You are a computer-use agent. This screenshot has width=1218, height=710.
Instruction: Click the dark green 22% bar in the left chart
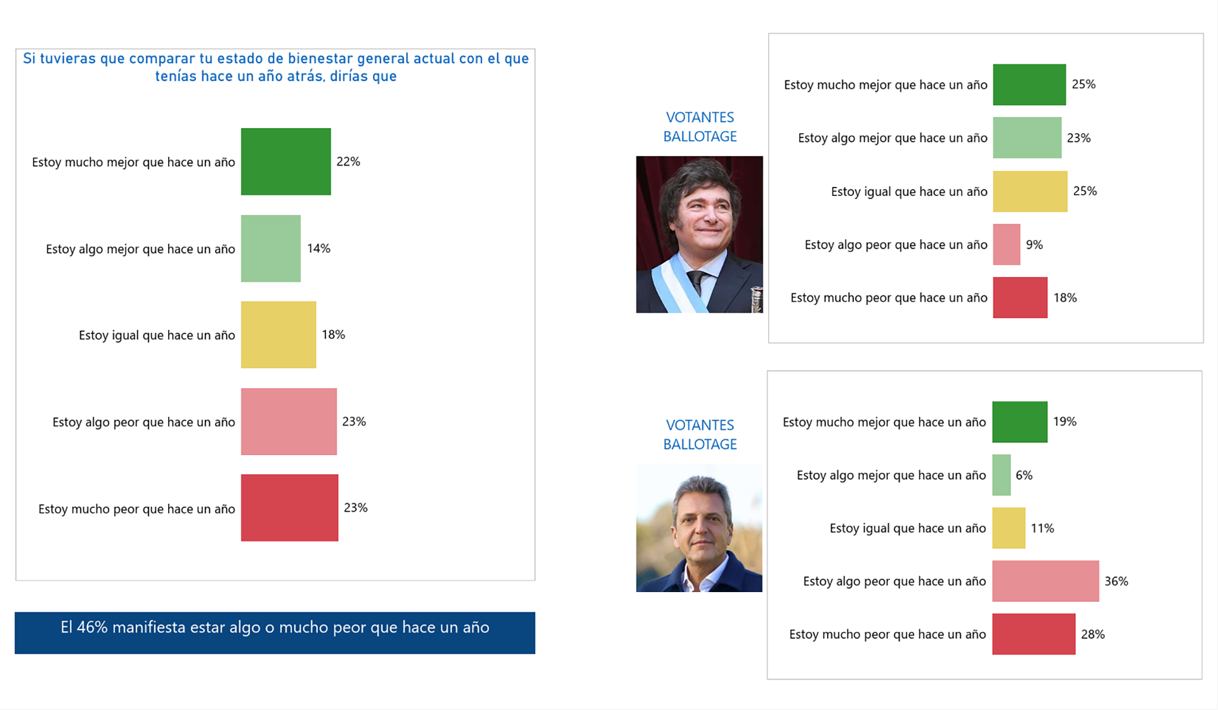pos(285,162)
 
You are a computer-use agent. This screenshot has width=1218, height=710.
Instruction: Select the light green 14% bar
pos(270,248)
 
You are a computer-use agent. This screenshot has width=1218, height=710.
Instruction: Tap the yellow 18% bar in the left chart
pos(278,335)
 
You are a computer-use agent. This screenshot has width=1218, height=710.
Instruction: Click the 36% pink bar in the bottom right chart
pos(1045,581)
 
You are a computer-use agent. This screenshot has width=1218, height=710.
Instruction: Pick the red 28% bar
pos(1033,634)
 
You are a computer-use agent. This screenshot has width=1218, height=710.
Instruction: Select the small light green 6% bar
pos(1001,475)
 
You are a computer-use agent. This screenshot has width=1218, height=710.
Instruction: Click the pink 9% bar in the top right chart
pos(1006,244)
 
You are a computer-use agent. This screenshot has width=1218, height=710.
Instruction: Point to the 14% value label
pos(318,248)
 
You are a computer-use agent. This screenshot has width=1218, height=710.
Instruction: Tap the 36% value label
pos(1116,581)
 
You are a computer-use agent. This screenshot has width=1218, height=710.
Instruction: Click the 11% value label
pos(1042,528)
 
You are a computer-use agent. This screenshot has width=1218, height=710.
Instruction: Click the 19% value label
pos(1064,422)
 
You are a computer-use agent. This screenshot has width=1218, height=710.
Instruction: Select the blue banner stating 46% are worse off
pos(275,632)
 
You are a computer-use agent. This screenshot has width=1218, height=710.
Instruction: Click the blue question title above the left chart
pos(275,67)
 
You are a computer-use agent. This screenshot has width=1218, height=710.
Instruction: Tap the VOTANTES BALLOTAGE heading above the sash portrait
pos(700,127)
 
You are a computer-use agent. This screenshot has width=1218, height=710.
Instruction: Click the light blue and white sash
pos(678,288)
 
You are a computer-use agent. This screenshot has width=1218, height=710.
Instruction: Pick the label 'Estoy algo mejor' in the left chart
pos(140,249)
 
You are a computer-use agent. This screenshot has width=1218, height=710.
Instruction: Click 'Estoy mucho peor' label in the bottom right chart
pos(887,635)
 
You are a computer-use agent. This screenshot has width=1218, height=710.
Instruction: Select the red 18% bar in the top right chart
pos(1019,297)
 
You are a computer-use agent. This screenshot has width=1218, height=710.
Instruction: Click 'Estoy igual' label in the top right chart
pos(908,191)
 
